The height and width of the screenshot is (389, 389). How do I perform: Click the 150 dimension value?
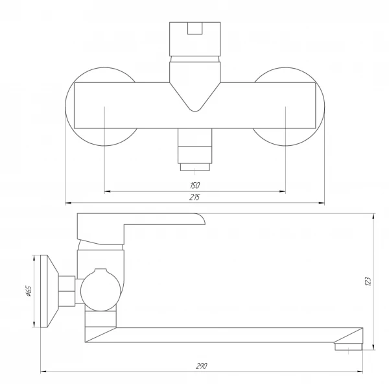pyautogui.click(x=194, y=185)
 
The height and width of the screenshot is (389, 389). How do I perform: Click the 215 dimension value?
pyautogui.click(x=194, y=197)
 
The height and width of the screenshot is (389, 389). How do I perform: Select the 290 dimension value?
pyautogui.click(x=202, y=366)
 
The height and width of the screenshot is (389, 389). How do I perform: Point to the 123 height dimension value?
pyautogui.click(x=368, y=281)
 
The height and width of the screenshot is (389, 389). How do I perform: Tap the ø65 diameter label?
pyautogui.click(x=29, y=291)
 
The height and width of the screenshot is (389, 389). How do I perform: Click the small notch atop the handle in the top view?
pyautogui.click(x=195, y=29)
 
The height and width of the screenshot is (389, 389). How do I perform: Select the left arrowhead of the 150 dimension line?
pyautogui.click(x=107, y=191)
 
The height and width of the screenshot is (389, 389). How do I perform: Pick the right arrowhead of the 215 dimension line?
pyautogui.click(x=322, y=203)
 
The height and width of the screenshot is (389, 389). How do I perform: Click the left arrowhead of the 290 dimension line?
pyautogui.click(x=43, y=371)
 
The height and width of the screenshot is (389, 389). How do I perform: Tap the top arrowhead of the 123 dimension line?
pyautogui.click(x=373, y=217)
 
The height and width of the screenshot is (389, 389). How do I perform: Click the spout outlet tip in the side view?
pyautogui.click(x=349, y=347)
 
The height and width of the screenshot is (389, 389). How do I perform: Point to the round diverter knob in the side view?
pyautogui.click(x=100, y=290)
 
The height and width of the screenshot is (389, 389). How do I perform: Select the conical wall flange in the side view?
pyautogui.click(x=50, y=291)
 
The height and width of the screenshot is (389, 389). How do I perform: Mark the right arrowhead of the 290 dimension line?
pyautogui.click(x=359, y=371)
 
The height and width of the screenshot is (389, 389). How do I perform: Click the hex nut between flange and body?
pyautogui.click(x=67, y=291)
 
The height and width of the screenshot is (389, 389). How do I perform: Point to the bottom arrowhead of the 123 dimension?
pyautogui.click(x=373, y=347)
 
